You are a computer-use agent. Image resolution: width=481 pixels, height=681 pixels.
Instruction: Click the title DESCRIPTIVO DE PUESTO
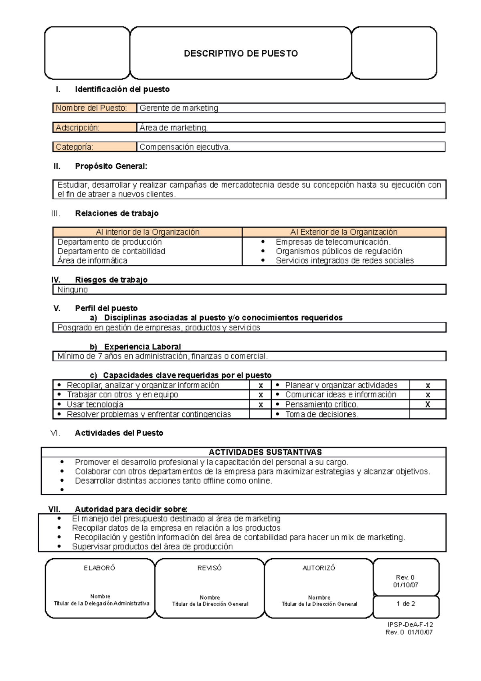(240, 53)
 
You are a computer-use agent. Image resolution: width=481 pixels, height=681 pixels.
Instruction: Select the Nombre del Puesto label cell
(95, 108)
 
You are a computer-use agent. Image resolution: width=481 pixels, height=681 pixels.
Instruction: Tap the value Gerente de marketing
(179, 108)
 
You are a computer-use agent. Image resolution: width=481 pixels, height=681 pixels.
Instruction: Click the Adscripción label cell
(95, 128)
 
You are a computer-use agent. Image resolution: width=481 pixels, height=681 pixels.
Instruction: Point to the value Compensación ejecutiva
(185, 147)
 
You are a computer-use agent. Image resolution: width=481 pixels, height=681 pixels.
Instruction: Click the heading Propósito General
(111, 166)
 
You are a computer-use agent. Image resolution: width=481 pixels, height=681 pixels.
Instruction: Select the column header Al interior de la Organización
(148, 232)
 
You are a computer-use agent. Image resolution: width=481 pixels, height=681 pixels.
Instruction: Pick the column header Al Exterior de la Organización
(344, 232)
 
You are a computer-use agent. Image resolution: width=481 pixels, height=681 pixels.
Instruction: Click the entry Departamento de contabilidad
(111, 251)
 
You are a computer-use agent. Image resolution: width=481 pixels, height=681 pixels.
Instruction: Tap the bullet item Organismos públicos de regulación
(339, 251)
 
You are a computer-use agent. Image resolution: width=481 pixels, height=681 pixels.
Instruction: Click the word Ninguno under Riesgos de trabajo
(73, 290)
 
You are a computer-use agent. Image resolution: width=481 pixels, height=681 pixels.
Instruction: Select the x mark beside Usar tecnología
(261, 405)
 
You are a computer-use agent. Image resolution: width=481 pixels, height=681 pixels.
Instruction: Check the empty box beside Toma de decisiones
(427, 414)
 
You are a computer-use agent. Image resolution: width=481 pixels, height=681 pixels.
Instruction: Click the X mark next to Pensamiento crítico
(427, 405)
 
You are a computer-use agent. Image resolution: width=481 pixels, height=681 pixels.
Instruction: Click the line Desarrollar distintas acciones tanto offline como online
(174, 481)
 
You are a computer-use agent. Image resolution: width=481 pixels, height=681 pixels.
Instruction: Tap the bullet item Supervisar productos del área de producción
(152, 547)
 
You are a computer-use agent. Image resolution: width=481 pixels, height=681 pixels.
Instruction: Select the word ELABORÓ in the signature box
(99, 568)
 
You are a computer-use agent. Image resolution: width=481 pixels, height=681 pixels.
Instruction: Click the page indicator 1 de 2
(406, 604)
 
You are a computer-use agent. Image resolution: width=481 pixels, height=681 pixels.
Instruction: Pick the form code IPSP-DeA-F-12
(410, 624)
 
